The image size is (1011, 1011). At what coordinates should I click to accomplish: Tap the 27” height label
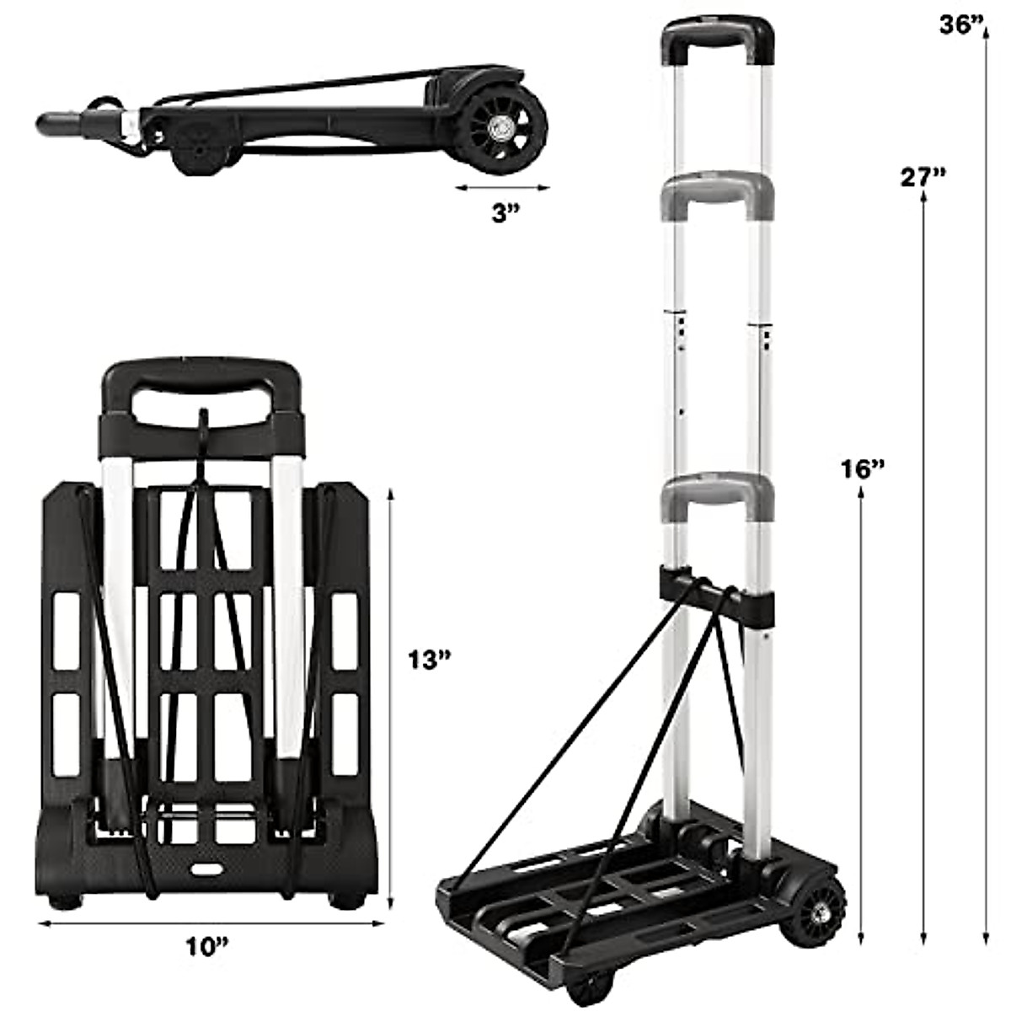click(x=923, y=177)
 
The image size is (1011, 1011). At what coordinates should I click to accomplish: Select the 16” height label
click(x=863, y=468)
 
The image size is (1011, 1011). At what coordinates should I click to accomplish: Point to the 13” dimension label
click(x=430, y=660)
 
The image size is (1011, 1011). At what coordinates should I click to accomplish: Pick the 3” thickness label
click(x=505, y=213)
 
